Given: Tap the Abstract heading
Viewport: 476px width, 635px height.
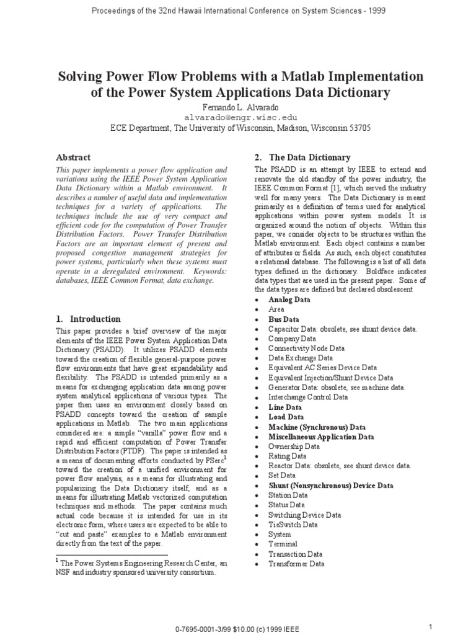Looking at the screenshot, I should (73, 158).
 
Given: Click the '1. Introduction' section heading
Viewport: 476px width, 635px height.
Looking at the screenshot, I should (88, 319).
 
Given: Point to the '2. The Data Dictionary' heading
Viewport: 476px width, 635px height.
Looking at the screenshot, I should (302, 158).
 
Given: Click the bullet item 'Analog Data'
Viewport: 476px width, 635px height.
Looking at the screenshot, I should (289, 299).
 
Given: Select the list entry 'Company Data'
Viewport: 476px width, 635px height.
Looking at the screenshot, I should (291, 339).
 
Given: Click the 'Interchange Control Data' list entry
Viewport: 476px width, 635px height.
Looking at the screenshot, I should (307, 397).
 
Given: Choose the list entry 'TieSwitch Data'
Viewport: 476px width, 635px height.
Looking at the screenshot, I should (293, 524).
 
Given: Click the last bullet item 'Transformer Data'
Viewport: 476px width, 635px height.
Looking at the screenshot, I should (296, 564).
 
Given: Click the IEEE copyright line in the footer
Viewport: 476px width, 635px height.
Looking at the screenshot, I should (238, 629).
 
